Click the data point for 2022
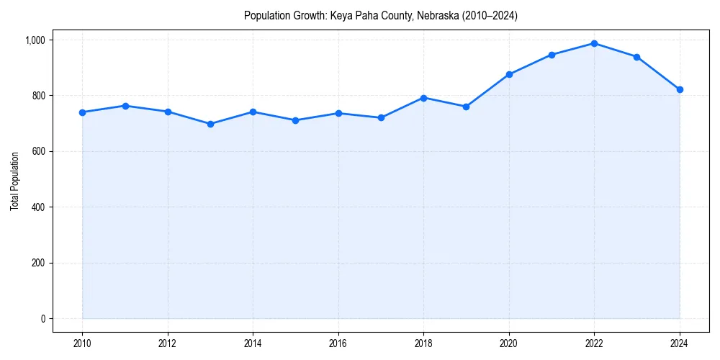tap(594, 43)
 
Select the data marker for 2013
tap(210, 124)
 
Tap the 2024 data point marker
tap(680, 89)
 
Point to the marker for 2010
tap(82, 112)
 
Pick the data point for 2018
tap(423, 98)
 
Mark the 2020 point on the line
tap(509, 74)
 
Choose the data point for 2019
tap(466, 107)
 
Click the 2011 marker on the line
tap(125, 106)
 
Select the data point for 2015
tap(295, 120)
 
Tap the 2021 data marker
tap(552, 55)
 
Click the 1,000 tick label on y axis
tap(34, 40)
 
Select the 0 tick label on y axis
tap(42, 319)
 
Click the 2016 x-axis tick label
tap(338, 343)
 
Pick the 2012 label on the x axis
tap(168, 343)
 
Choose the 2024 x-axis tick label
tap(680, 343)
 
